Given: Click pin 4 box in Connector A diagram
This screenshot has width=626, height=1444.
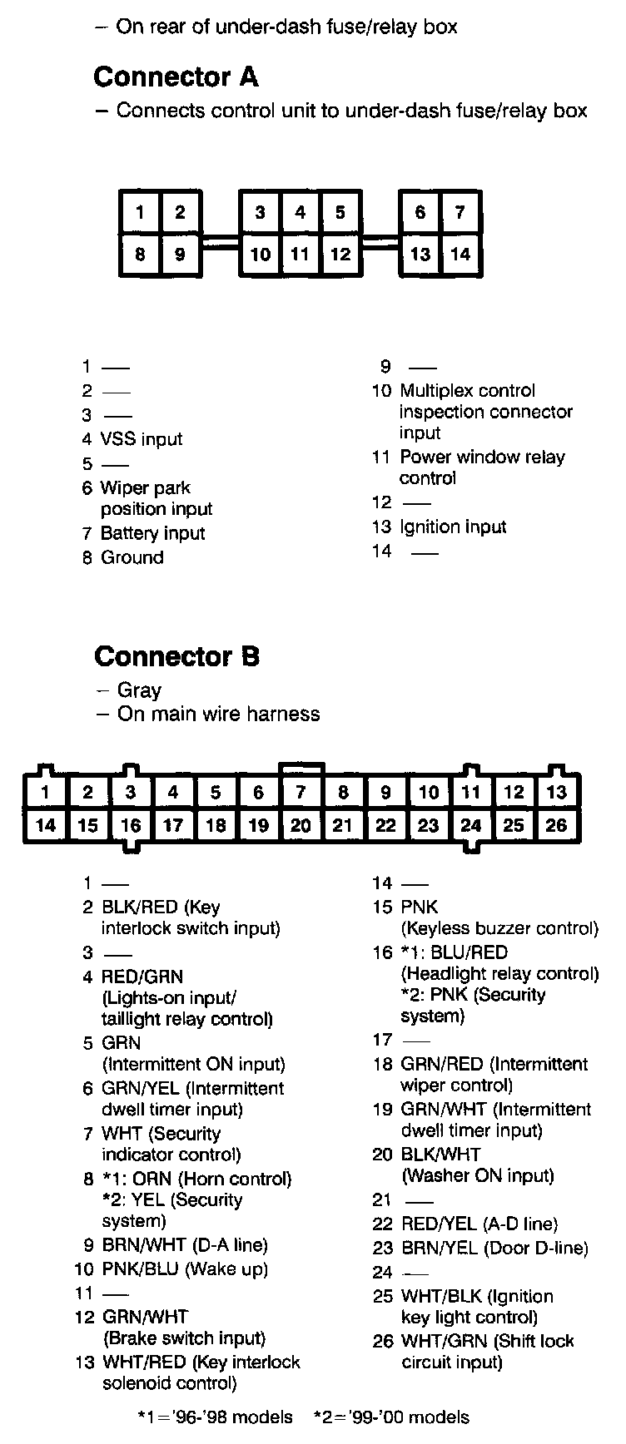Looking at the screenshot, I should [x=301, y=213].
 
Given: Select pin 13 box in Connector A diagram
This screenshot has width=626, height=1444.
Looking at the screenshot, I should [x=420, y=254].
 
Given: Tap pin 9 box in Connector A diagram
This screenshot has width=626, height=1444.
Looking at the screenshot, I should [x=180, y=254].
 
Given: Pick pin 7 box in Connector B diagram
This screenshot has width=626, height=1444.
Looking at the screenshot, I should [x=301, y=792].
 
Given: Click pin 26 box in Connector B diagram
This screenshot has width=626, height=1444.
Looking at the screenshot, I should [x=556, y=825].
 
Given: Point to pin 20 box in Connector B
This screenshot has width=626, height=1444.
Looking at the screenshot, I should [x=301, y=825].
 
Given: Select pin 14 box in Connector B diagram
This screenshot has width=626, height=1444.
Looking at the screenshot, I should [x=45, y=825].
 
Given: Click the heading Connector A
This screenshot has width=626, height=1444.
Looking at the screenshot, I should [x=176, y=77].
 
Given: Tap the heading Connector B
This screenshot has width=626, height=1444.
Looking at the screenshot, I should [x=176, y=656].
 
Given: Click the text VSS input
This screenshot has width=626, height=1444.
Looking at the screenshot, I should [x=141, y=439].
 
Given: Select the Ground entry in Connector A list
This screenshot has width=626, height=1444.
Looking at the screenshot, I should [x=132, y=557].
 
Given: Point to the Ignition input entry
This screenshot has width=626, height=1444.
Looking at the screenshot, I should [x=453, y=527].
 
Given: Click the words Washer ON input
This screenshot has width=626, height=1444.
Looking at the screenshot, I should [x=478, y=1175].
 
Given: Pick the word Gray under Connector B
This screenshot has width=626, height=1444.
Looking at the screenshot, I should [x=139, y=690].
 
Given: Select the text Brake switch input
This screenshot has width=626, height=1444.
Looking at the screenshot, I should [x=183, y=1338].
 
